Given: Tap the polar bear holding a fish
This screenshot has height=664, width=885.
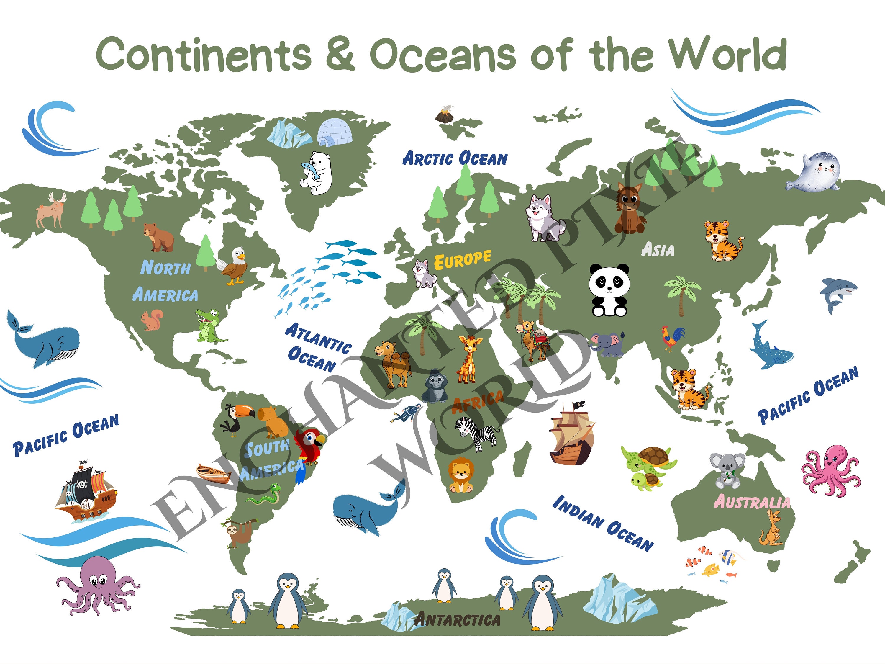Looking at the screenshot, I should point(317,173).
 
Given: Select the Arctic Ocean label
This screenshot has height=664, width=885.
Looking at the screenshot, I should point(455,158).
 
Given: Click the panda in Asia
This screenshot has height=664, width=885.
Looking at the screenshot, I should point(609,289).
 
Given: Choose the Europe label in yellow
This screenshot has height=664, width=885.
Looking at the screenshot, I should point(463,260).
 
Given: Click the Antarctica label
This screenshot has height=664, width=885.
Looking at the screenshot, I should point(457,619).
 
